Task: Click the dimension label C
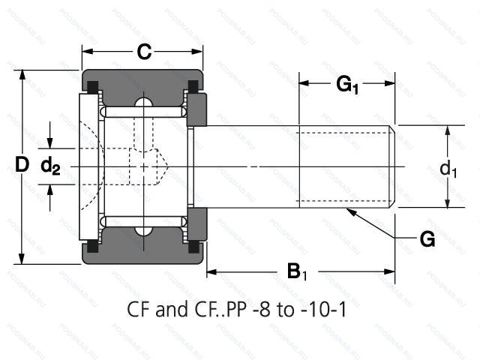[x=144, y=52]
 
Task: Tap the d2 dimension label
[x=50, y=166]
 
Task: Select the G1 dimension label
[x=347, y=85]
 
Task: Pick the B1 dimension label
[x=298, y=271]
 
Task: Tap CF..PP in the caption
[x=213, y=309]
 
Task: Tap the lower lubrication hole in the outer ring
[x=142, y=229]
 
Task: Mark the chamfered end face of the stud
[x=393, y=166]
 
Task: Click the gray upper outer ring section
[x=142, y=82]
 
